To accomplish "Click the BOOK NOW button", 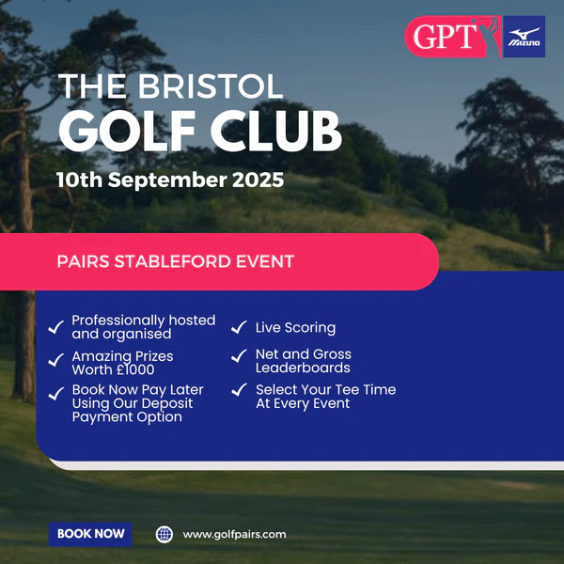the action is (x=90, y=534).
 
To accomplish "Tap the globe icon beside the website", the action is (x=164, y=535).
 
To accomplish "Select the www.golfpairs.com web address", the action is (x=234, y=535).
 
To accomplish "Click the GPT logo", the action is (x=453, y=37).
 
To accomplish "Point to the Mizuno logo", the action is (x=524, y=37).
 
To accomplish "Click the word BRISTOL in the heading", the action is (x=211, y=86).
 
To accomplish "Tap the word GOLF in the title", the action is (x=127, y=131).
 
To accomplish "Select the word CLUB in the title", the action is (x=275, y=131).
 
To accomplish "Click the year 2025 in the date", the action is (x=258, y=180).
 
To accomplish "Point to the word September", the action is (x=167, y=180).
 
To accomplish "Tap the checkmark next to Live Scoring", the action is (x=239, y=327).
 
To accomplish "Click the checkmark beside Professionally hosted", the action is (x=56, y=327).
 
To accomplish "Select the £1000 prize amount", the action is (x=135, y=369).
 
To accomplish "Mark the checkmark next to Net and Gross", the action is (x=239, y=355).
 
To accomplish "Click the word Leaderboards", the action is (x=303, y=368).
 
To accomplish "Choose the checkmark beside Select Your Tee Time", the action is (x=239, y=389).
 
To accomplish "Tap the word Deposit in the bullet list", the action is (x=167, y=403).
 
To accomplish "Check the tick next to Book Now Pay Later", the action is (x=56, y=394).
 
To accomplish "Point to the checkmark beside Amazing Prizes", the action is (x=56, y=360).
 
